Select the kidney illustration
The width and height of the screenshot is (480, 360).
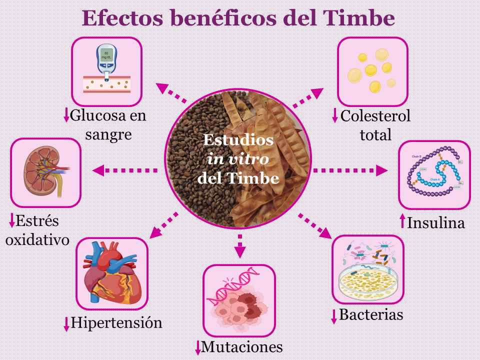pos(45,173)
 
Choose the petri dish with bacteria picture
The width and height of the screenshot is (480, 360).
pos(368,270)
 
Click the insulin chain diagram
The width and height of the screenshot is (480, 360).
pos(434,174)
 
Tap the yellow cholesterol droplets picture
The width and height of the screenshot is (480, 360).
pos(372,71)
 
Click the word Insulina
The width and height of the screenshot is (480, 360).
pos(436,222)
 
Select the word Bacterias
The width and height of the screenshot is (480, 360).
pos(371,315)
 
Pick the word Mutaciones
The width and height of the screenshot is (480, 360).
pos(242,346)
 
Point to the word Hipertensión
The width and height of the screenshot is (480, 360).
pos(116,322)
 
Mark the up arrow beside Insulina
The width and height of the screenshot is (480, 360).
pos(402,222)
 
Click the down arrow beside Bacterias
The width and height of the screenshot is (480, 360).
pos(334,316)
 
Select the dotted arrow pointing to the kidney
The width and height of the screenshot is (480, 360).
pos(125,170)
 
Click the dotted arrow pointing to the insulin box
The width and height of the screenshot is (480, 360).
pos(350,170)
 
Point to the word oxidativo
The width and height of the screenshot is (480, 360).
pos(36,239)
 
